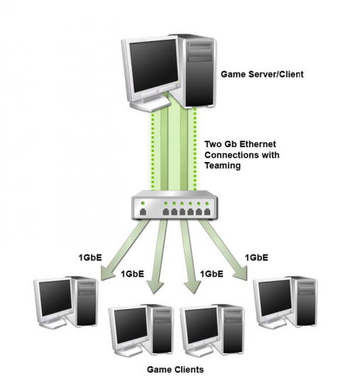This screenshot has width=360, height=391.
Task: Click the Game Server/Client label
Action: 262,75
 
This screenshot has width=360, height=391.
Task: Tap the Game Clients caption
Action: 175,369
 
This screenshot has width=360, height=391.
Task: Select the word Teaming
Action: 222,166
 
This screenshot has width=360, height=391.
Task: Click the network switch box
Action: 174,205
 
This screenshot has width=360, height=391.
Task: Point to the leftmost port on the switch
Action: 143,212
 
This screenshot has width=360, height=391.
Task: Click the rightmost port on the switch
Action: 207,212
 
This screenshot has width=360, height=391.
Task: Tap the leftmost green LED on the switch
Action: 143,203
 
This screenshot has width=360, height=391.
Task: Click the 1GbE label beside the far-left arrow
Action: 90,257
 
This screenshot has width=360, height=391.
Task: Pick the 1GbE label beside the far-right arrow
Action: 256,257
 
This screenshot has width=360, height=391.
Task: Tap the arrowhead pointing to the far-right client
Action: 241,273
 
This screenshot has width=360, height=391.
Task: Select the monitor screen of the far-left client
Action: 55,297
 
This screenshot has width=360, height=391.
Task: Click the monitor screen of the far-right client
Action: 275,297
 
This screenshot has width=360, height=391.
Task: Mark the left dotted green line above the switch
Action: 153,152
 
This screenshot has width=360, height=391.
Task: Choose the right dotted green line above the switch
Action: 195,149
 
